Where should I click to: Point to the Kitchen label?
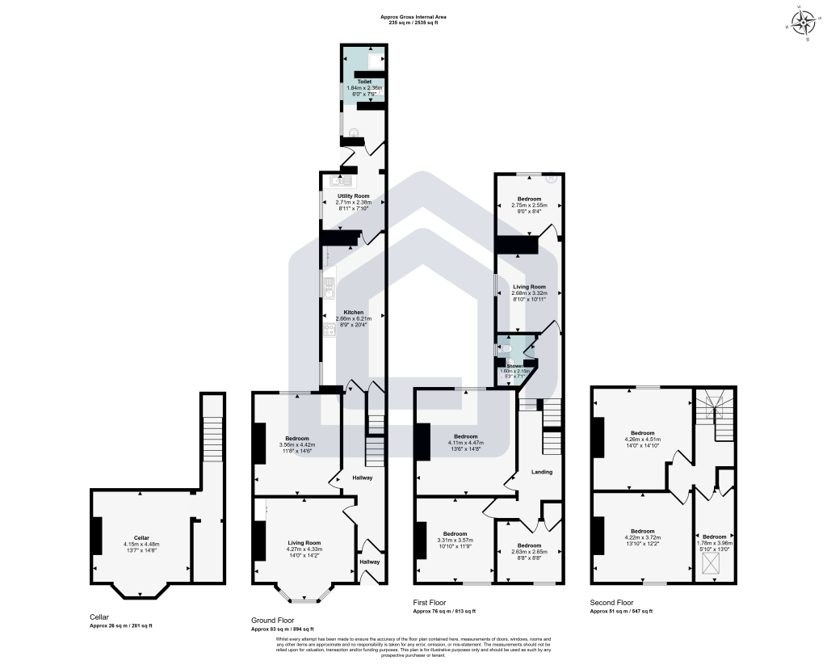353,312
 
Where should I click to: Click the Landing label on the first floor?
541,471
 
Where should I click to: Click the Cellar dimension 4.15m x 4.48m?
142,544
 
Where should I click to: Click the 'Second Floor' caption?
611,602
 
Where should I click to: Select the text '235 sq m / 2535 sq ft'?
413,23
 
